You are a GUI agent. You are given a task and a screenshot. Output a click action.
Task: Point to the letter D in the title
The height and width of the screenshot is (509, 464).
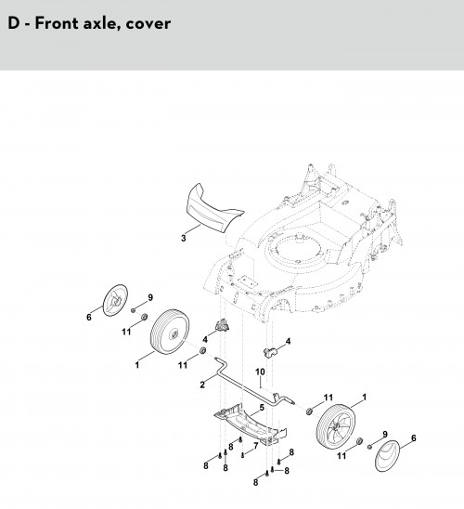pyautogui.click(x=14, y=23)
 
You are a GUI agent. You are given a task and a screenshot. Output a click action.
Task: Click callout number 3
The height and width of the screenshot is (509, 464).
pyautogui.click(x=184, y=238)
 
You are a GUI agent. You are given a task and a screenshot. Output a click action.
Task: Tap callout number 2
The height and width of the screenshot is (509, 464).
pyautogui.click(x=202, y=385)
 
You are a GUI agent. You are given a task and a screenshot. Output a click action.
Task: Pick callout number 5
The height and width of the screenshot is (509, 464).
pyautogui.click(x=262, y=408)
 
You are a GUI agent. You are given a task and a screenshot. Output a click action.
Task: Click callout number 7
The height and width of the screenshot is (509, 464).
pyautogui.click(x=256, y=446)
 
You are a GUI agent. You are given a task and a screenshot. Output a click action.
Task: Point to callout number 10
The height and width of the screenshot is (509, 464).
pyautogui.click(x=260, y=372)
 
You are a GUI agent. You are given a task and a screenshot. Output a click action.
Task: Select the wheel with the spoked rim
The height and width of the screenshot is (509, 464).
pyautogui.click(x=336, y=426)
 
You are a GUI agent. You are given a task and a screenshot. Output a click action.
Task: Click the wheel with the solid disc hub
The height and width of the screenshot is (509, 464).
pyautogui.click(x=170, y=332)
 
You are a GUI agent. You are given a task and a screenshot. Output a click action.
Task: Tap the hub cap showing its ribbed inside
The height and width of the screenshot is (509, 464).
pyautogui.click(x=115, y=300)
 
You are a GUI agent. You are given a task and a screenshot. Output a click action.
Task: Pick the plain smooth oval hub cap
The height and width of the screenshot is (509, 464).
pyautogui.click(x=387, y=456)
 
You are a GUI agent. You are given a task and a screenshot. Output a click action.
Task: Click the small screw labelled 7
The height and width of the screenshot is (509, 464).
pyautogui.click(x=242, y=456)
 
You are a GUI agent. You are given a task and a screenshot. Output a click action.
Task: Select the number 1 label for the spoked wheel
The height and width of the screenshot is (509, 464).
pyautogui.click(x=364, y=397)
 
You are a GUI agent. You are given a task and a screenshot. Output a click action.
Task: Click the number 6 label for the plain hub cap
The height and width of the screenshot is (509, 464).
pyautogui.click(x=413, y=437)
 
